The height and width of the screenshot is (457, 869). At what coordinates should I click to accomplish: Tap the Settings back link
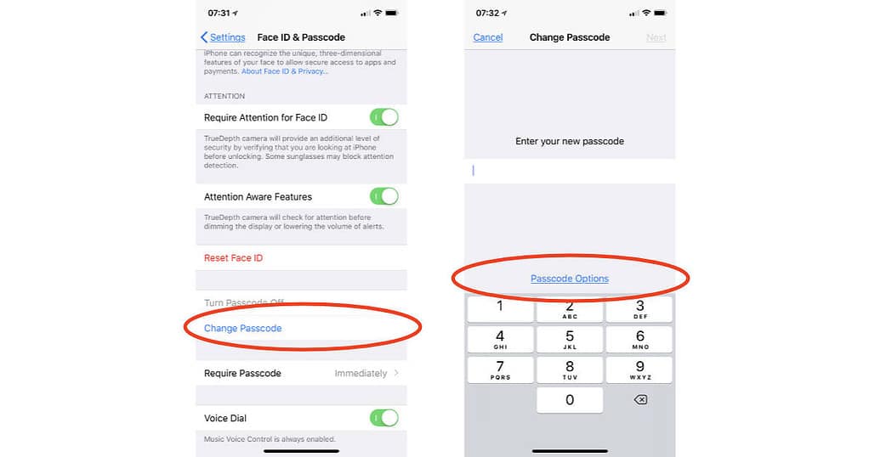[x=224, y=37]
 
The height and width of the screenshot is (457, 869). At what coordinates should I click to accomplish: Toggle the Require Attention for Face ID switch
[x=383, y=117]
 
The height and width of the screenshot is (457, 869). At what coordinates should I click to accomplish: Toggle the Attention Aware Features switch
[x=383, y=196]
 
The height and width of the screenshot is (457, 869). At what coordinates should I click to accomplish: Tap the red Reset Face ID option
[x=233, y=257]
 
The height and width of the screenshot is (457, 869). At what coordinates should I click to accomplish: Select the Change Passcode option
[x=243, y=328]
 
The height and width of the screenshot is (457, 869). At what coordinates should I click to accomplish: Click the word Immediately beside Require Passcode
[x=361, y=373]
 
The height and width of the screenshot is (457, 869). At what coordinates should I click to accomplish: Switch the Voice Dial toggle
[x=383, y=418]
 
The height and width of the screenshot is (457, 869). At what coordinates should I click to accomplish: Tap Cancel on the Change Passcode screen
[x=488, y=37]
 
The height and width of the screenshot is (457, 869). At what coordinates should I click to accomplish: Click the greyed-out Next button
[x=656, y=37]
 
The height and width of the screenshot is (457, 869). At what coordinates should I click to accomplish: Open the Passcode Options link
[x=570, y=279]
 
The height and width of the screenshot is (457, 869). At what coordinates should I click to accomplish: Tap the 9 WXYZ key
[x=639, y=370]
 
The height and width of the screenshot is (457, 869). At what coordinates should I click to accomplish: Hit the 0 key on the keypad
[x=570, y=400]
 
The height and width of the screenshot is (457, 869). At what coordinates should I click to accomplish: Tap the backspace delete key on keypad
[x=639, y=400]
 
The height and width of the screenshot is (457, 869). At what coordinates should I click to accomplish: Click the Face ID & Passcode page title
[x=301, y=37]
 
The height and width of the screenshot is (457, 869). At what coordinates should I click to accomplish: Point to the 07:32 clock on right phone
[x=488, y=14]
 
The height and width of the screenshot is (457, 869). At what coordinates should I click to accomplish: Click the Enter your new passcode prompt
[x=570, y=141]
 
